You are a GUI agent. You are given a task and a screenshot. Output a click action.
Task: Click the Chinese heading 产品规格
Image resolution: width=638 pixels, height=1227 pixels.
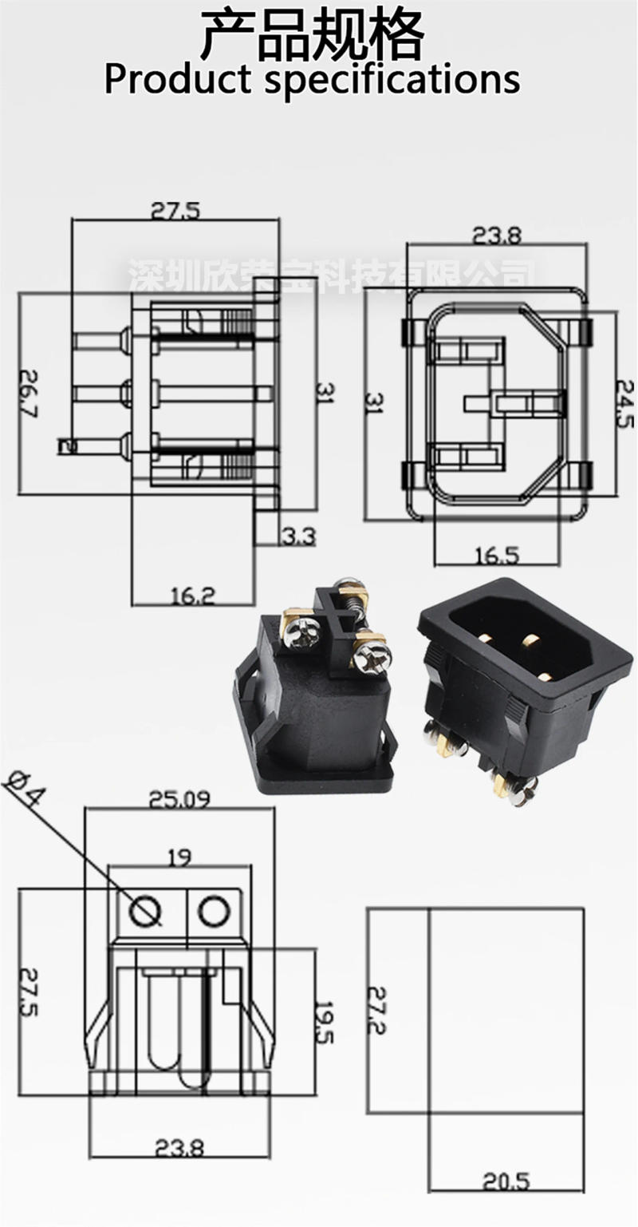[x=311, y=36]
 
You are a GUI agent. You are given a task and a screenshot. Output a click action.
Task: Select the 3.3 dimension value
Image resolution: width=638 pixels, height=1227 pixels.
[x=298, y=536]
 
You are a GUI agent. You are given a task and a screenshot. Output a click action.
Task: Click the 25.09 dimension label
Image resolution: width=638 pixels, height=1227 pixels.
[x=180, y=798]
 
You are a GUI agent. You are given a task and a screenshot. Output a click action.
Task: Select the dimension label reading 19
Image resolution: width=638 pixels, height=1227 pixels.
[x=179, y=858]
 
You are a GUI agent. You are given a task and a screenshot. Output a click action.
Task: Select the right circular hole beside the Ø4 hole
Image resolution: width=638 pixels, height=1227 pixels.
[x=214, y=910]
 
